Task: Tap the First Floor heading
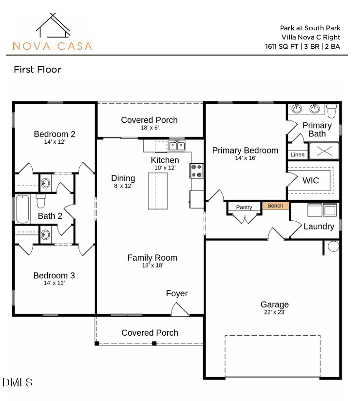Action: [x=38, y=70]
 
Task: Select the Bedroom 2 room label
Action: [x=55, y=134]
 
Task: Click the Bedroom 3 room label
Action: [x=54, y=276]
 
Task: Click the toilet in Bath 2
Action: [x=41, y=200]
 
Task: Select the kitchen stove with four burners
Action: [x=196, y=171]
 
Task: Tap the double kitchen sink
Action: [x=177, y=145]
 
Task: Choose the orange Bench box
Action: [x=275, y=206]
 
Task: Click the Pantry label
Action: [x=244, y=208]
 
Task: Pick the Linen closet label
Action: [x=298, y=155]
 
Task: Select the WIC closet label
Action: [x=311, y=181]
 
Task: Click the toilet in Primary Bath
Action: [x=332, y=111]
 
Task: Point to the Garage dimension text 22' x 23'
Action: [x=274, y=312]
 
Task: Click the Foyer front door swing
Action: [x=180, y=309]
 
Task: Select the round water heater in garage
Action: [x=333, y=246]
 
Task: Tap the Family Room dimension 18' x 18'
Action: [x=152, y=266]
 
